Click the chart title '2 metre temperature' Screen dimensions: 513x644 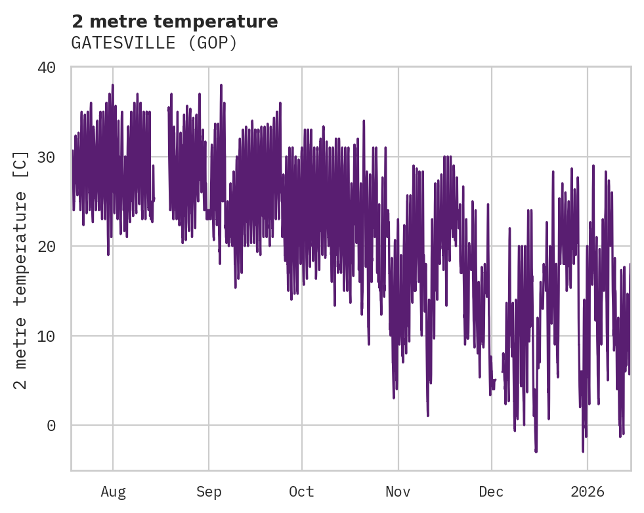[175, 22]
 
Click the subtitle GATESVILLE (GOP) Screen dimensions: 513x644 [154, 43]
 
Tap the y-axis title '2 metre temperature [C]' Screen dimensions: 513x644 [21, 270]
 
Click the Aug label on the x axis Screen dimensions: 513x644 [113, 492]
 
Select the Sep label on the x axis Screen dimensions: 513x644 [209, 492]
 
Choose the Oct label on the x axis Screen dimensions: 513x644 [302, 492]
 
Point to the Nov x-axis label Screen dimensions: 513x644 [398, 492]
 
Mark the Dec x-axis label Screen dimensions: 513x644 [491, 492]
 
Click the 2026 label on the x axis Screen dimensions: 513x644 [587, 492]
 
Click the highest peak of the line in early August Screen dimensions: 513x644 [112, 85]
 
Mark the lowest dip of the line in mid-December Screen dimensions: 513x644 [536, 451]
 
